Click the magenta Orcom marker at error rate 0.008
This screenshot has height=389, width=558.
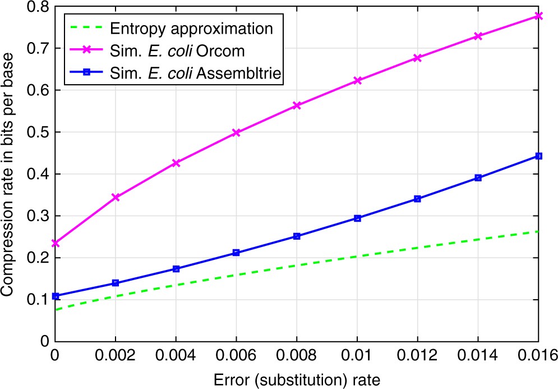pyautogui.click(x=297, y=106)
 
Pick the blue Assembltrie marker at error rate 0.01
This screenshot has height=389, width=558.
pyautogui.click(x=357, y=218)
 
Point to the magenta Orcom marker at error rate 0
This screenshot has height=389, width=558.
pyautogui.click(x=55, y=243)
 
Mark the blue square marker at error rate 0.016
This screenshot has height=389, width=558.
pyautogui.click(x=539, y=156)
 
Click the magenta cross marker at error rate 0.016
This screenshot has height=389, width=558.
pyautogui.click(x=539, y=16)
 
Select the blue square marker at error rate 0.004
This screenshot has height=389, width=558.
pyautogui.click(x=176, y=269)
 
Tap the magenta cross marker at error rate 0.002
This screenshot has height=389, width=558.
pyautogui.click(x=116, y=198)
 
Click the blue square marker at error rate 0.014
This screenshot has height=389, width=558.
pyautogui.click(x=478, y=178)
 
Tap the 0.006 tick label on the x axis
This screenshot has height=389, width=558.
pyautogui.click(x=236, y=356)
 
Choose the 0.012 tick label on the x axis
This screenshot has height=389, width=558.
pyautogui.click(x=418, y=356)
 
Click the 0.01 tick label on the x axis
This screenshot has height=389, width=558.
pyautogui.click(x=357, y=356)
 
